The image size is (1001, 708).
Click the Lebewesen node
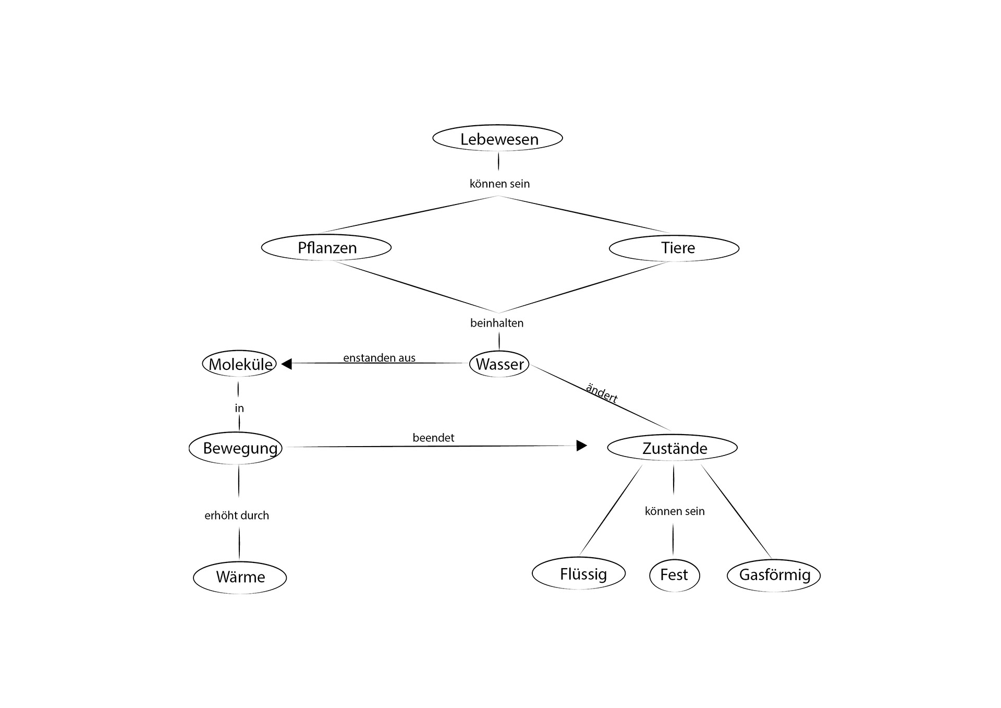[498, 139]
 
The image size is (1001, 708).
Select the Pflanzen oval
[326, 248]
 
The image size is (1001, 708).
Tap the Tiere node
[674, 248]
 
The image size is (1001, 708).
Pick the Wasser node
[499, 364]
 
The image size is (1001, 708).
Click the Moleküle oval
[240, 364]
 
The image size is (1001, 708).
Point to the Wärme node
[240, 577]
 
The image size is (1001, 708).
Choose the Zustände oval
[673, 448]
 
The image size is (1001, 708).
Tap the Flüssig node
[579, 574]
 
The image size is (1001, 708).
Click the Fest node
[674, 575]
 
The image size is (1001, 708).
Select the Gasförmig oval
[774, 575]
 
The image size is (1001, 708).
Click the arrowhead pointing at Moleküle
[287, 364]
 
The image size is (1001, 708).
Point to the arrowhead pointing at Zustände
[581, 446]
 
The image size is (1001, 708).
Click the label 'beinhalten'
[497, 323]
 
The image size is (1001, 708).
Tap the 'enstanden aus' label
[379, 358]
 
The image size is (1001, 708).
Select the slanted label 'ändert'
[602, 393]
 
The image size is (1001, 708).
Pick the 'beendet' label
[433, 438]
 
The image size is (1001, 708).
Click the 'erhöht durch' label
[237, 515]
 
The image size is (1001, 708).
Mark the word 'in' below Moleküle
[239, 408]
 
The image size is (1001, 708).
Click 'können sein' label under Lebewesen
[499, 184]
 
